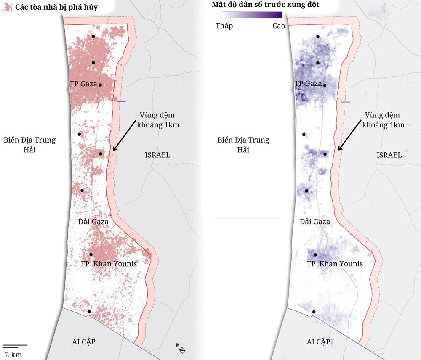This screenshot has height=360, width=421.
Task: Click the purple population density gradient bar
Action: [x=252, y=15]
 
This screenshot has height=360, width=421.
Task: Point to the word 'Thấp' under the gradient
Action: [x=224, y=26]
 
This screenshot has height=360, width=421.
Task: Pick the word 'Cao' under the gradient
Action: [x=279, y=26]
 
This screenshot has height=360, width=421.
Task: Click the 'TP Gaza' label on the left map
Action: [x=83, y=84]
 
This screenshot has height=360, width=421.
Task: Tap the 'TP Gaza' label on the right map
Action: [x=308, y=83]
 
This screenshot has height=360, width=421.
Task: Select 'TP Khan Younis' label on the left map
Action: [x=109, y=264]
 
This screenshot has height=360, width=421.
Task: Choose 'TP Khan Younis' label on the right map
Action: [x=335, y=264]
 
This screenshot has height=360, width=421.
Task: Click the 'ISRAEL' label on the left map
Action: [x=157, y=155]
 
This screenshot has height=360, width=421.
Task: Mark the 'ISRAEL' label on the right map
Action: [x=389, y=155]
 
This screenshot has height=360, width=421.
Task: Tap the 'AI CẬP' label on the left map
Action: [x=84, y=341]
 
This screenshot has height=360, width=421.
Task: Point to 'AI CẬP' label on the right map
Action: [x=318, y=341]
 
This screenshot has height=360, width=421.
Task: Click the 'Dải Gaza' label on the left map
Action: [x=93, y=222]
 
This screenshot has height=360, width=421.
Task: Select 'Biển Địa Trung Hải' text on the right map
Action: [x=243, y=144]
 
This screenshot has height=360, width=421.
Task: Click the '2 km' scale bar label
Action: [x=13, y=355]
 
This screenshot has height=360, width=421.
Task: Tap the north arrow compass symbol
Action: [x=181, y=347]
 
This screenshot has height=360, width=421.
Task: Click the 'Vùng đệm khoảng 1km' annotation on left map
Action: [x=157, y=120]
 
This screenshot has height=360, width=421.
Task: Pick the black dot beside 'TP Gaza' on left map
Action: [x=100, y=85]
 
